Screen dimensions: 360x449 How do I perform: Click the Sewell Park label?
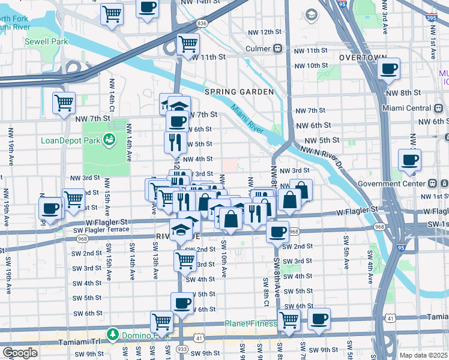pyautogui.click(x=46, y=42)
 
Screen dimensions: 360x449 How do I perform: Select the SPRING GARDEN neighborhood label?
pyautogui.click(x=239, y=92)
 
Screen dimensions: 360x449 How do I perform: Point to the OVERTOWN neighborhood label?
pyautogui.click(x=362, y=57)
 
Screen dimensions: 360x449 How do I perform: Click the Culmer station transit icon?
pyautogui.click(x=278, y=49)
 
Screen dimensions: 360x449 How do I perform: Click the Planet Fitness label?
pyautogui.click(x=251, y=323)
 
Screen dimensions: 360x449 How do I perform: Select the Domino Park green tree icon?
pyautogui.click(x=112, y=333)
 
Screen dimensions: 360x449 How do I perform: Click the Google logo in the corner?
pyautogui.click(x=20, y=353)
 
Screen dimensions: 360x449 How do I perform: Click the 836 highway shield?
pyautogui.click(x=202, y=23)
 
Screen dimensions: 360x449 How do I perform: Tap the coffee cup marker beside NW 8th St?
pyautogui.click(x=389, y=69)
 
